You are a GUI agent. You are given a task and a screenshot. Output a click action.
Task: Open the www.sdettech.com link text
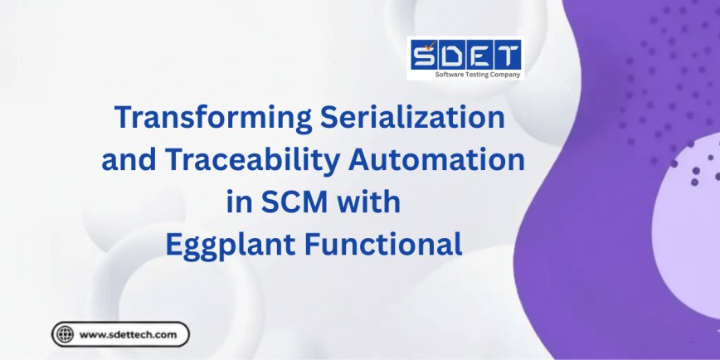[128, 334]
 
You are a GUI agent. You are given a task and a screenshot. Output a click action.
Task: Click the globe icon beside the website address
[64, 334]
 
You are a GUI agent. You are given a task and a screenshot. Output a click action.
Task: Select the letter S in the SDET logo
[424, 56]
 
